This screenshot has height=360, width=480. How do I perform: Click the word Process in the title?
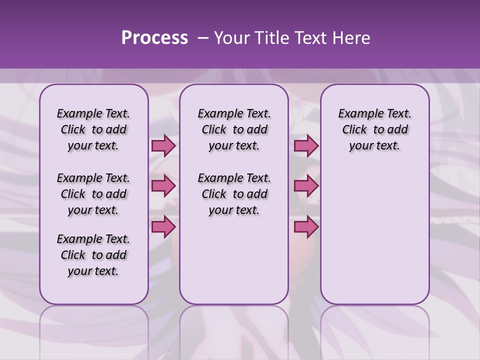[154, 38]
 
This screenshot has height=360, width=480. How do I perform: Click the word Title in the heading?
[270, 38]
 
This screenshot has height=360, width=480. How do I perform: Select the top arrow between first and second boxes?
[163, 146]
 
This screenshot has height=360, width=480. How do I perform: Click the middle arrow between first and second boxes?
[163, 186]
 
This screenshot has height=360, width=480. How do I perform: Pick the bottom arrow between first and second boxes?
[163, 226]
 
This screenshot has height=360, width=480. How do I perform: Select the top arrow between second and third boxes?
[306, 146]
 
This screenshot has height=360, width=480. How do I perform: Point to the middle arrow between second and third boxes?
[306, 186]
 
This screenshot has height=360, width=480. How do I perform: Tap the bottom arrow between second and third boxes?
[306, 226]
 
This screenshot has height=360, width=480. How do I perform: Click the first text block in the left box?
[93, 129]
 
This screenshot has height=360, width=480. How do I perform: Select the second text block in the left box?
[93, 194]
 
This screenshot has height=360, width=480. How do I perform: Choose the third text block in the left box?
[93, 255]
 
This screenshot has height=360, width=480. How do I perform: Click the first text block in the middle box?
[234, 129]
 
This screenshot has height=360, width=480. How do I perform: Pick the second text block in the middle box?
[234, 194]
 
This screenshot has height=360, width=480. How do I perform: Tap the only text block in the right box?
[374, 129]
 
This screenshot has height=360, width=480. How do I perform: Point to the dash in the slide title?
[203, 38]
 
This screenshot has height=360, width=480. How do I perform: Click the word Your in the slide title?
[232, 38]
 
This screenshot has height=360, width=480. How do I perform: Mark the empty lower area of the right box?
[374, 235]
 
